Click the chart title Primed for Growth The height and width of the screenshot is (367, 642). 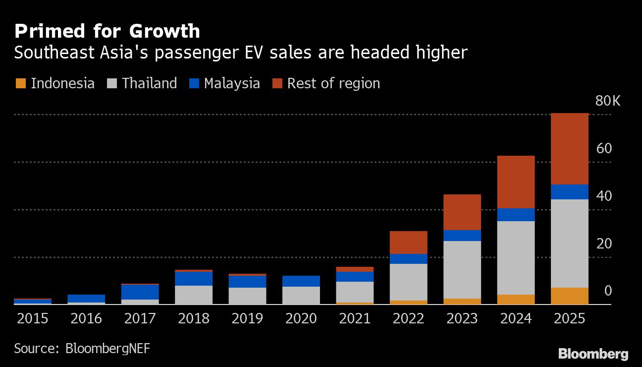[x=107, y=31]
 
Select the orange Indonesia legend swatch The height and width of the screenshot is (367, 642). [x=20, y=83]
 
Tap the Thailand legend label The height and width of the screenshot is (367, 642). [x=149, y=83]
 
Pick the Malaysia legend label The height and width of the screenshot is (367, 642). [x=232, y=83]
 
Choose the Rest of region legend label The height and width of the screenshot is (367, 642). [x=333, y=83]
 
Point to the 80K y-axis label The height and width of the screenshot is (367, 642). [x=607, y=101]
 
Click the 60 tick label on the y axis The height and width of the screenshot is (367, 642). [x=604, y=149]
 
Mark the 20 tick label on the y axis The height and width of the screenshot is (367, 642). [x=604, y=244]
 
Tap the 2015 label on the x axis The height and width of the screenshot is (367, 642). [x=33, y=318]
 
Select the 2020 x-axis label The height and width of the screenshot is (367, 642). [x=301, y=318]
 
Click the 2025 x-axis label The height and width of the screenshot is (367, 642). [x=569, y=318]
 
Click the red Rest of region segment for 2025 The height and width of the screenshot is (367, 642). [x=569, y=149]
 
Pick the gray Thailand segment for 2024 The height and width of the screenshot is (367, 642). [x=516, y=257]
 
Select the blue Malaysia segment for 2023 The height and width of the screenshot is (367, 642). [x=462, y=236]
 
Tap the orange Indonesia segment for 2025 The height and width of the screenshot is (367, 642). [x=569, y=296]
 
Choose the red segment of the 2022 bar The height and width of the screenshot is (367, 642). [x=408, y=243]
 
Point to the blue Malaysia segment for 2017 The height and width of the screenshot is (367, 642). [x=140, y=292]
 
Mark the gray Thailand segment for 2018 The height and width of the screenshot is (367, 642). [x=194, y=295]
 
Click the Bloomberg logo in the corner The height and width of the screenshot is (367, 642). [x=593, y=354]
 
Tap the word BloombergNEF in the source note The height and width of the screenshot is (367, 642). [x=107, y=348]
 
